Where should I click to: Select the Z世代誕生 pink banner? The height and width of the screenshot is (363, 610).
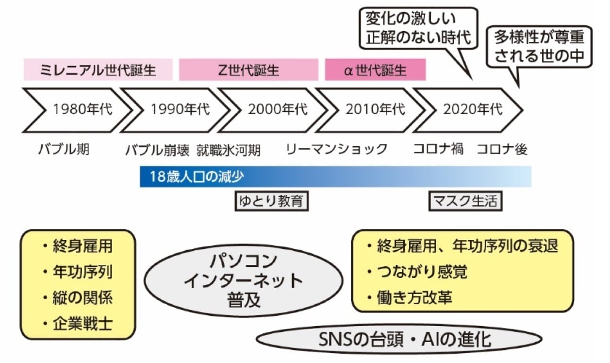coord(248,70)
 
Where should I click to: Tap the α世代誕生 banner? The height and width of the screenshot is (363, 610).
coord(375,70)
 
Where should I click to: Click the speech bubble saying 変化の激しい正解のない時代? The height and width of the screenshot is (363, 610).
coord(418,28)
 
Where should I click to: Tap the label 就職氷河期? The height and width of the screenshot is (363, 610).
coord(229,149)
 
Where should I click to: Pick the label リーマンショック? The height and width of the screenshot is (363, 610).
coord(336,149)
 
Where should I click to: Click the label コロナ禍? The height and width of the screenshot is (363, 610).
coord(438,149)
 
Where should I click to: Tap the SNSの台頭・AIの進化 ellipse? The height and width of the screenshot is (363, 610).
coord(398,339)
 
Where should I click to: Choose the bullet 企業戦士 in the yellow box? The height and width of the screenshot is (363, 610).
coord(82,323)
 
